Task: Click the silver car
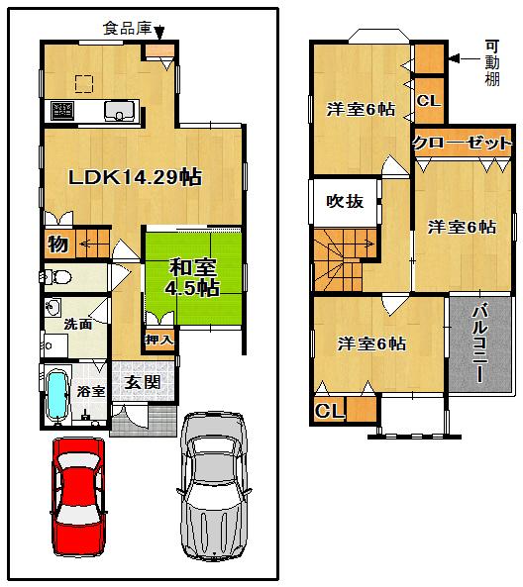(214, 486)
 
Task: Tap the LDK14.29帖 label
(136, 177)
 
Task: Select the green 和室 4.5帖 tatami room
(193, 278)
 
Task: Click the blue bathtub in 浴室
(58, 394)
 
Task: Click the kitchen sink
(120, 111)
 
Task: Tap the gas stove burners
(62, 110)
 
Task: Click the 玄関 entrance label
(143, 383)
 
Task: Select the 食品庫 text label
(127, 29)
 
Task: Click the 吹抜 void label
(345, 201)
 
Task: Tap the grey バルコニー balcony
(480, 344)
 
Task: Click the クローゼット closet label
(463, 143)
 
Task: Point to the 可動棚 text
(492, 62)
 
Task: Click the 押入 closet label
(159, 340)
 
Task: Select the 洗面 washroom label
(78, 324)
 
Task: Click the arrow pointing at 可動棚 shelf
(465, 58)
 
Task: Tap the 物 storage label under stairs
(58, 245)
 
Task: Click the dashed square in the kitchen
(84, 83)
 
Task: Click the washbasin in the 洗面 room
(52, 308)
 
